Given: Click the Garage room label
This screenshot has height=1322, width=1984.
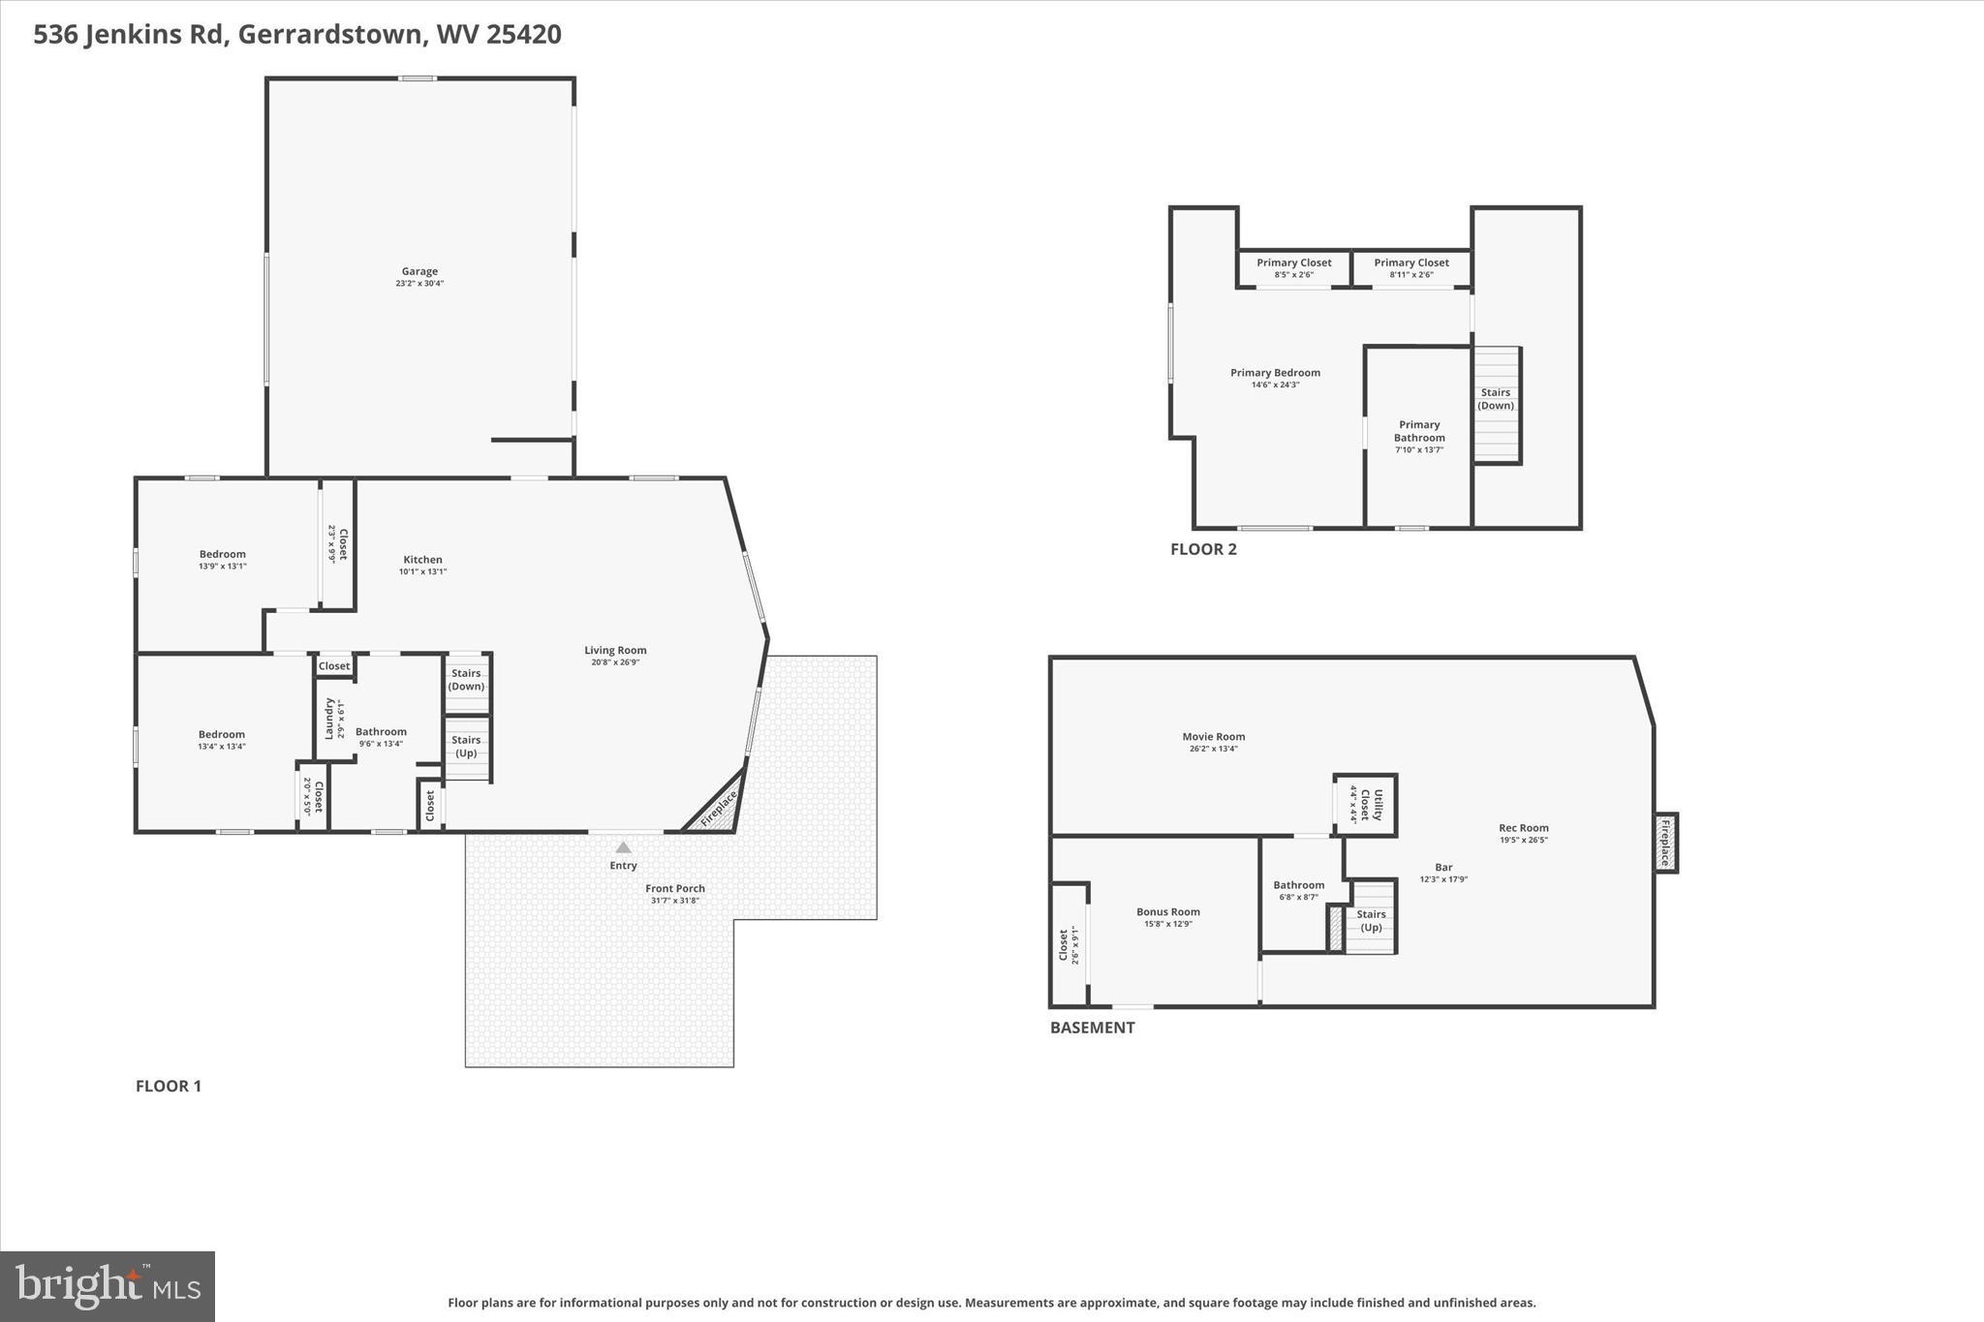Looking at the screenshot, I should tap(419, 272).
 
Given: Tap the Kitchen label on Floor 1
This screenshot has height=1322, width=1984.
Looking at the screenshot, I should tap(422, 560).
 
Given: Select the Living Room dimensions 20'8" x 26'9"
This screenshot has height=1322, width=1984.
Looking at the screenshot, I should tap(615, 662).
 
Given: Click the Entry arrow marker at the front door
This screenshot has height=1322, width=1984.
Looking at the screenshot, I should tap(623, 847).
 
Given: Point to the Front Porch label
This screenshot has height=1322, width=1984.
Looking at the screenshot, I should tap(675, 888).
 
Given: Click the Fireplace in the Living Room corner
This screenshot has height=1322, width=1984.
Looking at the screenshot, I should tap(718, 808).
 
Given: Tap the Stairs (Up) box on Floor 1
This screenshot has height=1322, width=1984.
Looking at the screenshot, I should tap(467, 747).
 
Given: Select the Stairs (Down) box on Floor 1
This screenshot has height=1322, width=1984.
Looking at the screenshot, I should tap(466, 680).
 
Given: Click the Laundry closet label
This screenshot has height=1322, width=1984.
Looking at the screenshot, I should tap(329, 718).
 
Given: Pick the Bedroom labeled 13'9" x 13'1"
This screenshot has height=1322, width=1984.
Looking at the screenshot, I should tap(223, 560).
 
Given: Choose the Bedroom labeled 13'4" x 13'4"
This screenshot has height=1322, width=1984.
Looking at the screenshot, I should tap(222, 740).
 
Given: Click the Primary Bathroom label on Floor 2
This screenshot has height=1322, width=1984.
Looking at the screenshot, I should tap(1419, 431).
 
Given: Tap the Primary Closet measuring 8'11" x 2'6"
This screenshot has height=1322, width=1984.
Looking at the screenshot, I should tap(1411, 267).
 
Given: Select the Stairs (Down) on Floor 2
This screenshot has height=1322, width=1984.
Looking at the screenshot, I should tap(1496, 399).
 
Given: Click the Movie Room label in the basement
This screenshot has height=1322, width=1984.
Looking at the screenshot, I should tap(1213, 737).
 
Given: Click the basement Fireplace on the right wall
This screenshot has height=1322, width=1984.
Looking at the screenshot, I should tap(1665, 843).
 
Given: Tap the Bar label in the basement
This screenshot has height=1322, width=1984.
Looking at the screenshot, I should tap(1443, 868).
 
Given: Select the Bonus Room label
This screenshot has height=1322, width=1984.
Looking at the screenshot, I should tap(1167, 912).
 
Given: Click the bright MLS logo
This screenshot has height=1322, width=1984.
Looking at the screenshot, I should tap(108, 1286).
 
